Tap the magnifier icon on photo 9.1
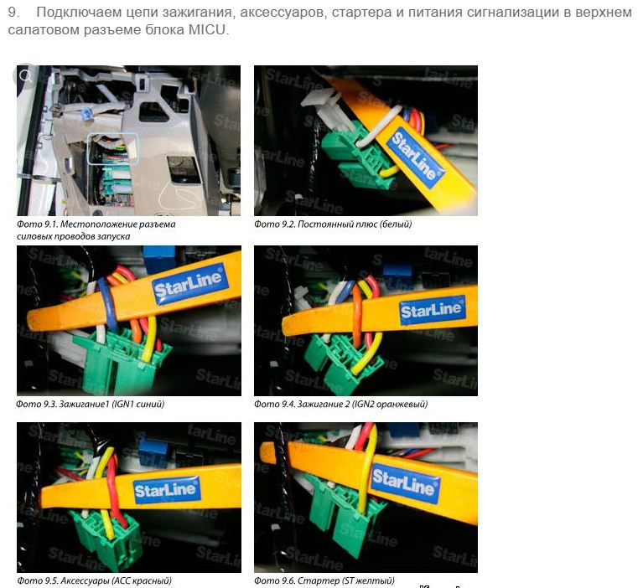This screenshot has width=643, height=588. point(26,76)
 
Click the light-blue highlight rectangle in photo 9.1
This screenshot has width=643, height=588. point(113,149)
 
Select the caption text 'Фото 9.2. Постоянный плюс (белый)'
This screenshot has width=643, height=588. point(333,224)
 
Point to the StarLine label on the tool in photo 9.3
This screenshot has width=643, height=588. point(189,284)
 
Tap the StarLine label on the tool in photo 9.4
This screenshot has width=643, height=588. point(433,310)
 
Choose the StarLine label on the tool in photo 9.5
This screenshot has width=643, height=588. point(167,490)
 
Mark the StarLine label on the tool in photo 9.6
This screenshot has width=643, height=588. point(404,482)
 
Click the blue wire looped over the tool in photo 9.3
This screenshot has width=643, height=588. point(107,307)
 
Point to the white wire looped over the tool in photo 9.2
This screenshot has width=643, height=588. point(379,125)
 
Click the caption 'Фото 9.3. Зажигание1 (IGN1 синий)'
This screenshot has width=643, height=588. point(91,404)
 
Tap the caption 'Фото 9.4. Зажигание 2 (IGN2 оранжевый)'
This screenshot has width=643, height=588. point(340,404)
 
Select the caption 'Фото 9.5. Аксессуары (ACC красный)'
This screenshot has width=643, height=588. point(94,580)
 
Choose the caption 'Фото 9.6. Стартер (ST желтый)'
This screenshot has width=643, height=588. point(324,580)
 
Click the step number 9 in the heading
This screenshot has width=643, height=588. point(13,13)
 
